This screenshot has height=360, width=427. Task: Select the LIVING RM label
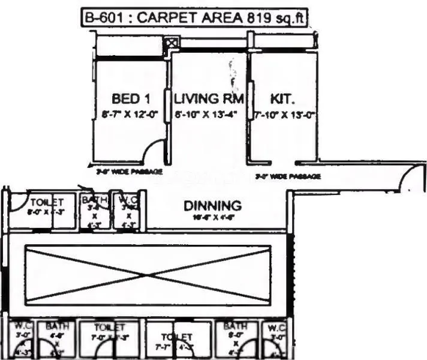209,98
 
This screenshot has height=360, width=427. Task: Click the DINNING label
212,206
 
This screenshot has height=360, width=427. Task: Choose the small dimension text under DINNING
212,218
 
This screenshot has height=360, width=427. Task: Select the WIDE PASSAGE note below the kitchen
288,176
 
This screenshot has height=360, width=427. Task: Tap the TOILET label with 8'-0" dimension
46,202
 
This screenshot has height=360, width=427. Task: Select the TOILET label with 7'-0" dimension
109,328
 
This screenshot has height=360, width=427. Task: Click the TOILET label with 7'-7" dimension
178,338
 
